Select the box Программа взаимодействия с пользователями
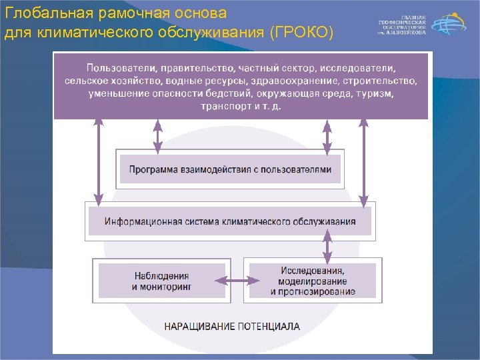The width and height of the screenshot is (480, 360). (x=230, y=169)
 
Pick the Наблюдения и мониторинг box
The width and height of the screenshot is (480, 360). (x=161, y=280)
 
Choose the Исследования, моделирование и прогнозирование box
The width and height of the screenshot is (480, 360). (x=313, y=281)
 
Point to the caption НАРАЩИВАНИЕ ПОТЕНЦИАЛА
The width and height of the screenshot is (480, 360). (x=232, y=327)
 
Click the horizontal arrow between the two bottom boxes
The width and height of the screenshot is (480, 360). (x=237, y=281)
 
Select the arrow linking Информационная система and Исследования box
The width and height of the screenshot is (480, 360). (x=327, y=247)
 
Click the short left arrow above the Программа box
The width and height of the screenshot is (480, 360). (x=158, y=135)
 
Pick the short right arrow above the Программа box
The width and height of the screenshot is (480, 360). (x=327, y=135)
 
